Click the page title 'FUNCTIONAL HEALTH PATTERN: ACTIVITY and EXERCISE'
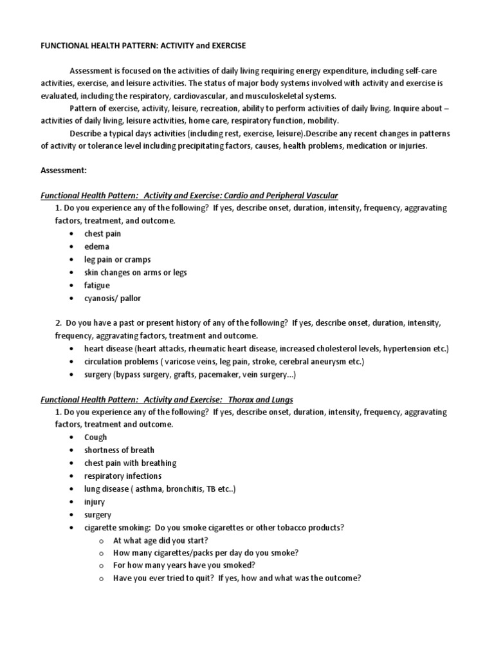tap(143, 46)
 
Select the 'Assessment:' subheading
tap(64, 172)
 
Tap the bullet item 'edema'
tap(96, 246)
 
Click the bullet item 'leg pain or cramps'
tap(117, 259)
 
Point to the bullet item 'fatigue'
tap(97, 285)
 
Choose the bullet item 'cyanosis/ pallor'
tap(112, 298)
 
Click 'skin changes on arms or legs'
tap(135, 272)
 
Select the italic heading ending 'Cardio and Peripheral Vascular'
tap(189, 195)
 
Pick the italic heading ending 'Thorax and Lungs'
tap(167, 400)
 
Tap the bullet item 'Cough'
tap(96, 437)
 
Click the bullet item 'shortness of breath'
tap(119, 450)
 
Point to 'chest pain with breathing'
tap(130, 463)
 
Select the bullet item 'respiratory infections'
tap(123, 476)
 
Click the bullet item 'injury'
tap(95, 501)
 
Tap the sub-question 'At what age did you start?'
tap(160, 540)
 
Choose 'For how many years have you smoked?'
tap(184, 565)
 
